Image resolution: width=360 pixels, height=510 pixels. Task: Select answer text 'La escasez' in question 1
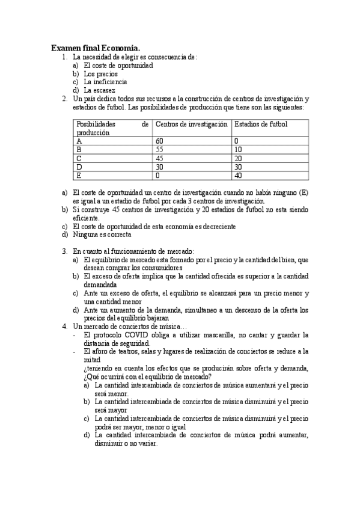pos(100,90)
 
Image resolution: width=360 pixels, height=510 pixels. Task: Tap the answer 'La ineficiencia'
pos(105,82)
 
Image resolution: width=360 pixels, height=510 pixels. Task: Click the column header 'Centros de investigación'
pos(191,124)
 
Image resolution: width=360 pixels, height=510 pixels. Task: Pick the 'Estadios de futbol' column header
pos(260,124)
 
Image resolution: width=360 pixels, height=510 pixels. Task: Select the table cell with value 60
pos(159,141)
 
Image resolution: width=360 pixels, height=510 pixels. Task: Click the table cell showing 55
pos(159,150)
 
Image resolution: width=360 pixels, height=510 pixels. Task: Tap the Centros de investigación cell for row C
pos(159,159)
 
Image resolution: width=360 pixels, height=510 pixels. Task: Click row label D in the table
pos(79,167)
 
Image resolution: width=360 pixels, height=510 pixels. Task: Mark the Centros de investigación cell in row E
pos(157,176)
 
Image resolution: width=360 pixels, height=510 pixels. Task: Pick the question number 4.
pos(64,326)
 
